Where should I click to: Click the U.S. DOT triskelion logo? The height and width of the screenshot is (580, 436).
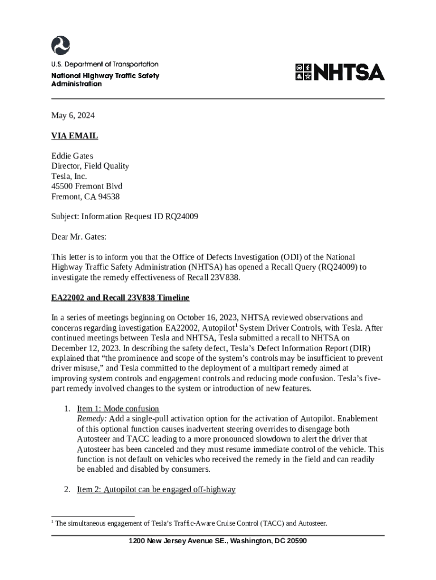click(x=61, y=45)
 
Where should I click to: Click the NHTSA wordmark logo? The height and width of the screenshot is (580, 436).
click(x=339, y=72)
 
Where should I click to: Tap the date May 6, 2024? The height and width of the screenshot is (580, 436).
click(x=73, y=116)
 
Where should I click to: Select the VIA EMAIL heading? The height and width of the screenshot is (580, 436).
click(x=75, y=136)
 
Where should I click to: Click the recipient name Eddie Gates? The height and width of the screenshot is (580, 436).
click(x=72, y=156)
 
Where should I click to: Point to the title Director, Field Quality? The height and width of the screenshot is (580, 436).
click(x=91, y=166)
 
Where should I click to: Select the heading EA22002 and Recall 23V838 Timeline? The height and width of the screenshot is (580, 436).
click(x=121, y=297)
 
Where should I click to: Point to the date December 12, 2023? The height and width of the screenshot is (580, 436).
click(x=85, y=348)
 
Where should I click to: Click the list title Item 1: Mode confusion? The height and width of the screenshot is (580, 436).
click(x=118, y=408)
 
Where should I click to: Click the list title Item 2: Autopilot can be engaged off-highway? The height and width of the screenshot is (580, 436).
click(x=156, y=489)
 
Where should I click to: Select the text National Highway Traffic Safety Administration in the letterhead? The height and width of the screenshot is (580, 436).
click(x=105, y=79)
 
